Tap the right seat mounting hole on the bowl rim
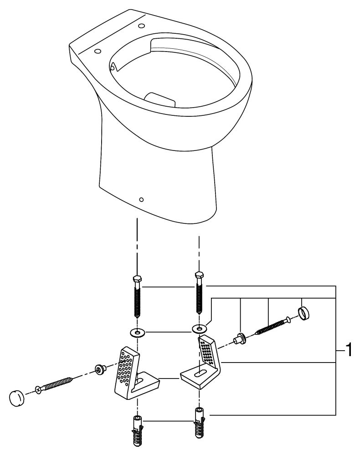[141, 25]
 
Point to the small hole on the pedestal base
[141, 200]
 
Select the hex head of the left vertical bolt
[136, 279]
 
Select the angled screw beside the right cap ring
[271, 326]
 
